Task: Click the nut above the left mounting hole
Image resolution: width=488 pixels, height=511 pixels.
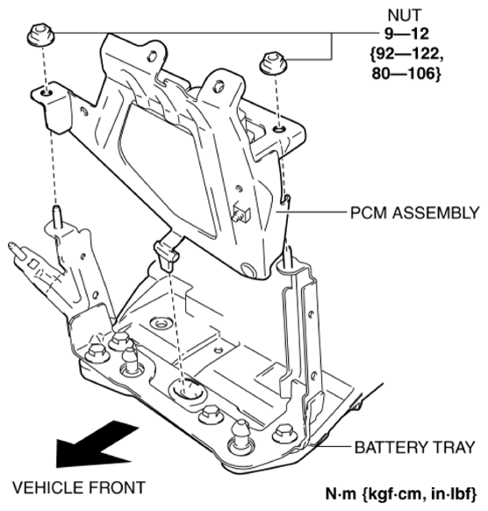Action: (x=39, y=37)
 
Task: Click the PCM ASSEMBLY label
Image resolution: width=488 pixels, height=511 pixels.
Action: (x=416, y=212)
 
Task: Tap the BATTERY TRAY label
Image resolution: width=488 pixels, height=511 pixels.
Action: (x=414, y=447)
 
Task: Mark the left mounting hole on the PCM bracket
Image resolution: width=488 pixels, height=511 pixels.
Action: (x=44, y=91)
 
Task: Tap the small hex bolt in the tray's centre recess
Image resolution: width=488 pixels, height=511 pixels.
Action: (x=160, y=325)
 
